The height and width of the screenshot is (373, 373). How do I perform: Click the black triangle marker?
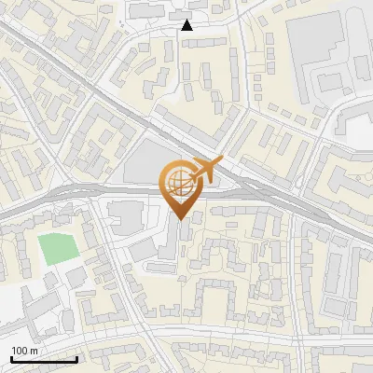[187, 25]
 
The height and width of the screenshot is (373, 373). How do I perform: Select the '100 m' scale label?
[24, 351]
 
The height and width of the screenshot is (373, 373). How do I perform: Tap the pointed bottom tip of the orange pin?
[182, 220]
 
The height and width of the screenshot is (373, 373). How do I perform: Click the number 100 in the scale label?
[21, 351]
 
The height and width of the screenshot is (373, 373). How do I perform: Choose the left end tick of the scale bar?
[11, 357]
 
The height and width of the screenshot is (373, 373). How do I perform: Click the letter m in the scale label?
[34, 351]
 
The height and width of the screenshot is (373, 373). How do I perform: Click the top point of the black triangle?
[187, 20]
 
